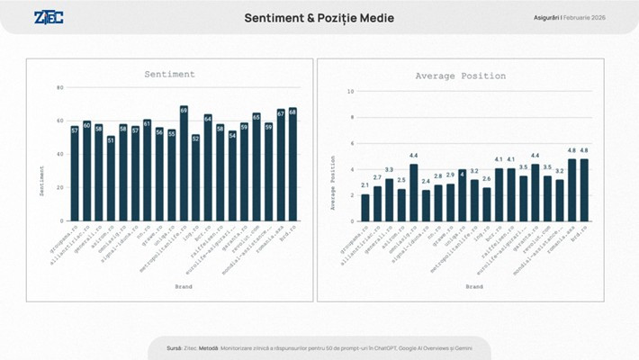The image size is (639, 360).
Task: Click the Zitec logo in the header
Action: point(49,17)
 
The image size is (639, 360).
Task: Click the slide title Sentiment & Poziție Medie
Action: point(319,18)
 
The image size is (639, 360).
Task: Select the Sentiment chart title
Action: point(169,75)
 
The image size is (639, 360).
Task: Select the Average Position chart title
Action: point(460,76)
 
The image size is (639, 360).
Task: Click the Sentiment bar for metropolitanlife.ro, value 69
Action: point(184,166)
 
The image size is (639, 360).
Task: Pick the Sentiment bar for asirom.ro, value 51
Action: point(111,180)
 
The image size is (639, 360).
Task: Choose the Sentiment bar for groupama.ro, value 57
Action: point(75,175)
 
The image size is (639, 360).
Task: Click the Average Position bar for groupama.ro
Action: point(365,208)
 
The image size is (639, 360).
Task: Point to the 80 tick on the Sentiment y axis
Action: point(60,87)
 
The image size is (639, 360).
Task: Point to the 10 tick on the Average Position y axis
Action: point(350,91)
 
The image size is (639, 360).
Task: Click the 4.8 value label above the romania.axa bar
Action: point(571,150)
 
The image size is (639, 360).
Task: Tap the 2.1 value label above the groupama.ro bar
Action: point(365,185)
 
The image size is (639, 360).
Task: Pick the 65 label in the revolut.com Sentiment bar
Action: point(256,116)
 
